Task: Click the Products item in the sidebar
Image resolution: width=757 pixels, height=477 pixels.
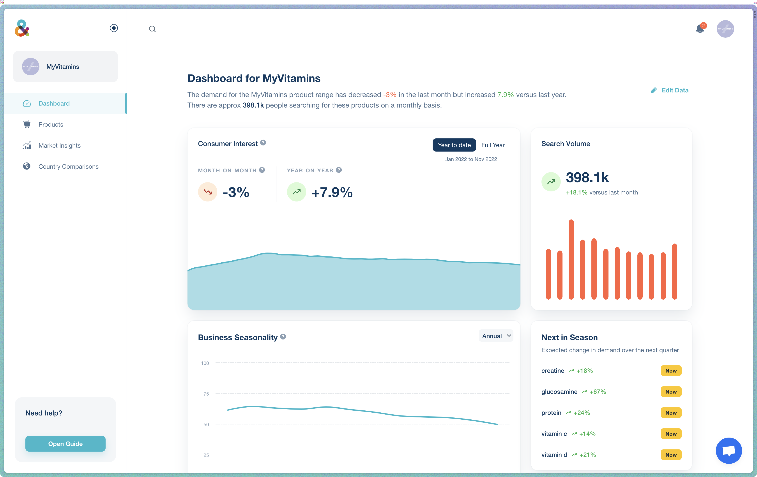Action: [x=51, y=124]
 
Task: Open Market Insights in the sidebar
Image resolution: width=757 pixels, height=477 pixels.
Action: [x=59, y=145]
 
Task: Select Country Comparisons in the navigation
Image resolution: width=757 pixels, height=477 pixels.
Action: [x=68, y=166]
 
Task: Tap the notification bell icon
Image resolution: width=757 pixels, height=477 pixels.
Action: [x=699, y=29]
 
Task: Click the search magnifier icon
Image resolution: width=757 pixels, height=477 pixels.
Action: [x=152, y=29]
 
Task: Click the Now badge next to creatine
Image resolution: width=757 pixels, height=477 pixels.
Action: [x=670, y=371]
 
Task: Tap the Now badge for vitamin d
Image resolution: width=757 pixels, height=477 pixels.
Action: [x=670, y=455]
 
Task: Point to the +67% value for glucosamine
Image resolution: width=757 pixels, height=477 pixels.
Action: [x=597, y=392]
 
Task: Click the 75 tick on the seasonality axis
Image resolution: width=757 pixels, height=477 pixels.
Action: [x=206, y=394]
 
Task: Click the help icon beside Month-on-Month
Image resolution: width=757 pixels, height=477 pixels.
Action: [x=262, y=170]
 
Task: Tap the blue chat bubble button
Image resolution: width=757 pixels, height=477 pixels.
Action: [x=728, y=450]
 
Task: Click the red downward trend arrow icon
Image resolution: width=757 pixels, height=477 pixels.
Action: [x=207, y=192]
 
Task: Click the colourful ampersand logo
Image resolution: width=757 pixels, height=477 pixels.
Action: [x=22, y=28]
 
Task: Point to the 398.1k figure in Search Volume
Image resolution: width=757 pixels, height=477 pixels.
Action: [x=587, y=178]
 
